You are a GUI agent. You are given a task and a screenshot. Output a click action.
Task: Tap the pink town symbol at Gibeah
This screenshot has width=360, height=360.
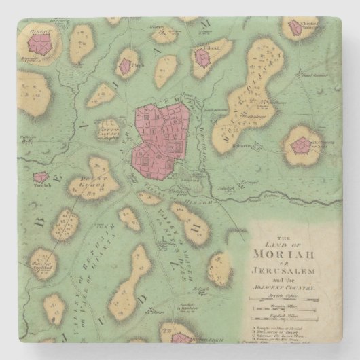(x=202, y=58)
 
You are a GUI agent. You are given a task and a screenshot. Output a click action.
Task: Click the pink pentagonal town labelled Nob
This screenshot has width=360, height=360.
(x=300, y=145)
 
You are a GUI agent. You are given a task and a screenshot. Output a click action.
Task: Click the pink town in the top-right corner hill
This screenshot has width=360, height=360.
(x=295, y=28)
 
